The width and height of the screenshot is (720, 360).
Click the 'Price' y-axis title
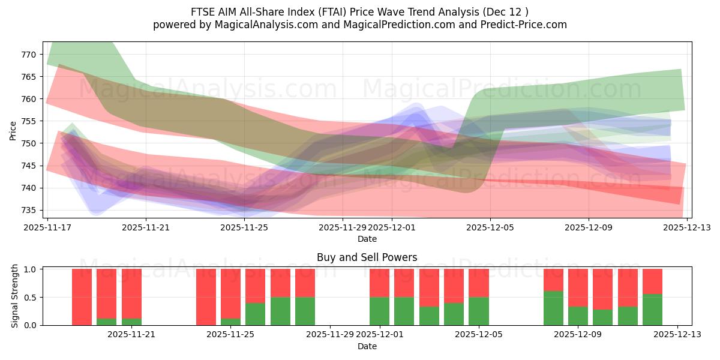(x=13, y=130)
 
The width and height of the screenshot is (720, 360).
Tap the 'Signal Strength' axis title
(x=16, y=297)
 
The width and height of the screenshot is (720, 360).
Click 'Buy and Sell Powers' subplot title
(x=367, y=257)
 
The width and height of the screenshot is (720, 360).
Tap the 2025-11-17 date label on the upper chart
(x=47, y=227)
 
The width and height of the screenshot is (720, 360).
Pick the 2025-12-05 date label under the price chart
(x=490, y=227)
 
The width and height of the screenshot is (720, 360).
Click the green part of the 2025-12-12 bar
(x=652, y=310)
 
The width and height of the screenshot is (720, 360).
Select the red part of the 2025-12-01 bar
(x=379, y=283)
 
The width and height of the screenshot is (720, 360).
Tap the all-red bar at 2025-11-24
(x=206, y=297)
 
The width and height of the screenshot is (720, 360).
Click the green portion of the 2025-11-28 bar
(x=305, y=311)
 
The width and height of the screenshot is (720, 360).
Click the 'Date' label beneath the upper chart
(x=367, y=239)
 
